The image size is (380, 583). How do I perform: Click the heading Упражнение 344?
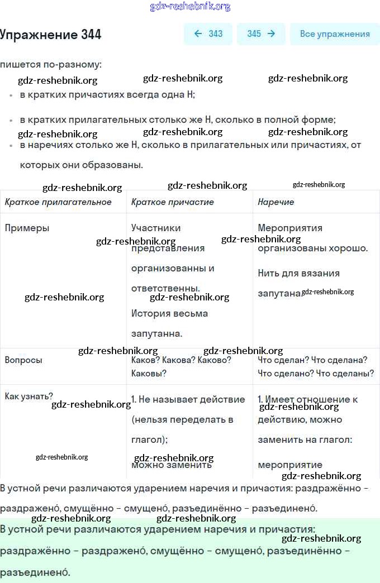[x=51, y=35]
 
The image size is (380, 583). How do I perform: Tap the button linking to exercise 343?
[x=208, y=34]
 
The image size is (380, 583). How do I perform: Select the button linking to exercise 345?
[x=261, y=34]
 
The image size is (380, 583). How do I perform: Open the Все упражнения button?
[x=335, y=34]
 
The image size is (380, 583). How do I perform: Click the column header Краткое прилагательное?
[x=58, y=202]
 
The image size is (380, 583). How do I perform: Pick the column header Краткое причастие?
[x=172, y=202]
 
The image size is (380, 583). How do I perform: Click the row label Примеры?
[x=27, y=228]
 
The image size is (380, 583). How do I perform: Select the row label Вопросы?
[x=23, y=360]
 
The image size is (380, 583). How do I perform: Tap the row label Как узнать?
[x=29, y=396]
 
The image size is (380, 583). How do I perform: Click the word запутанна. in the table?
[x=156, y=334]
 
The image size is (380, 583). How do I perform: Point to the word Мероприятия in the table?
[x=290, y=228]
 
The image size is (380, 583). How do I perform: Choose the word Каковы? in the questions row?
[x=149, y=374]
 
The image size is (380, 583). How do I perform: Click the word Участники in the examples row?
[x=156, y=228]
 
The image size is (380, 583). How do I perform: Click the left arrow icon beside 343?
[x=198, y=34]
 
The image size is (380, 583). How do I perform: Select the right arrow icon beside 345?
[x=271, y=34]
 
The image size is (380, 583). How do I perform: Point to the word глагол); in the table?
[x=149, y=439]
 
